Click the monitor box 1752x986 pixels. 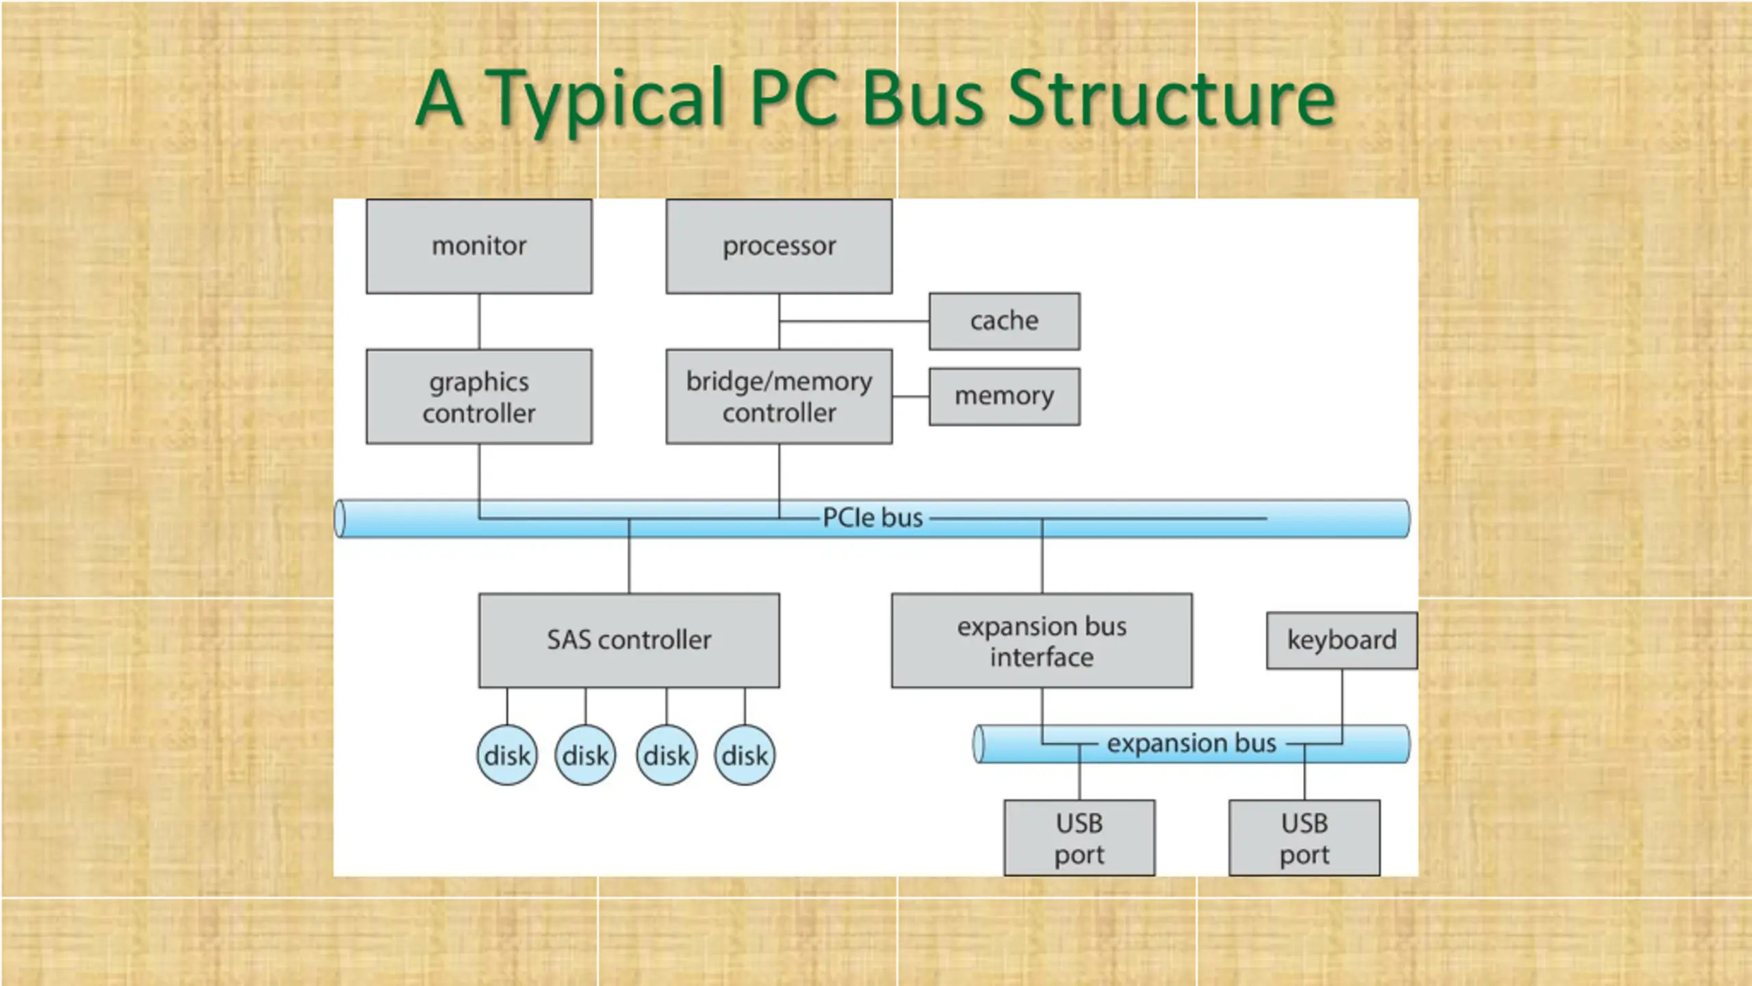(479, 246)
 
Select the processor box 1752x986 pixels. (779, 246)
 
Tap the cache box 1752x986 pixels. (1005, 321)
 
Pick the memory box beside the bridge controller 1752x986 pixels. (1005, 396)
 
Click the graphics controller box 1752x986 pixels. (479, 396)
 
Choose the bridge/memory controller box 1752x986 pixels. (779, 396)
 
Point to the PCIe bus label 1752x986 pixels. (873, 518)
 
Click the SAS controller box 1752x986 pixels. (629, 640)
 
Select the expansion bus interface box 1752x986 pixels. (1042, 640)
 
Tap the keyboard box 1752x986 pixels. (1342, 640)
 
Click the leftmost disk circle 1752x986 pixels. (507, 755)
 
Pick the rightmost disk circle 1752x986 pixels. (745, 755)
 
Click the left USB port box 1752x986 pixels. (1079, 837)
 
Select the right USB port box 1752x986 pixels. (1304, 837)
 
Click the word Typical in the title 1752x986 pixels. (605, 100)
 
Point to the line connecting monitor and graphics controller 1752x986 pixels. (479, 322)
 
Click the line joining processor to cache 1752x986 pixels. (854, 321)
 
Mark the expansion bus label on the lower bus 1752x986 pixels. (1191, 743)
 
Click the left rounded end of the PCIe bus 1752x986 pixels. (339, 518)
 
